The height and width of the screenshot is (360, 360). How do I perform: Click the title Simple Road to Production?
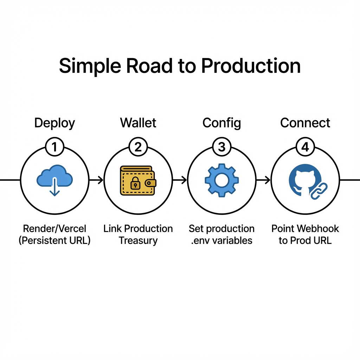point(180,66)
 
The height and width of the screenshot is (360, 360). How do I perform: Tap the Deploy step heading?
point(54,123)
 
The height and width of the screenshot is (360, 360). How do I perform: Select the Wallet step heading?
point(138,123)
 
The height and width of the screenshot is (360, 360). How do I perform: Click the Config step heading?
point(221,123)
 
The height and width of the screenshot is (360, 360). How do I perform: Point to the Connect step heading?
point(305,123)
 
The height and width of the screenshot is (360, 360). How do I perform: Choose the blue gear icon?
point(221,180)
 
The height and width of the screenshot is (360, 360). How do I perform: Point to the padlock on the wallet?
point(135,182)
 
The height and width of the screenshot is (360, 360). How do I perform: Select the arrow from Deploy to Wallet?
point(96,180)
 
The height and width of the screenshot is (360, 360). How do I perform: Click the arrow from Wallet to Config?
point(180,180)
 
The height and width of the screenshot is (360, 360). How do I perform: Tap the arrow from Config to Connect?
point(263,180)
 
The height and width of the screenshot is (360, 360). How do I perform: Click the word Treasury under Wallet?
point(138,241)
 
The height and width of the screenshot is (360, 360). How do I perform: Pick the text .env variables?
point(221,241)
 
